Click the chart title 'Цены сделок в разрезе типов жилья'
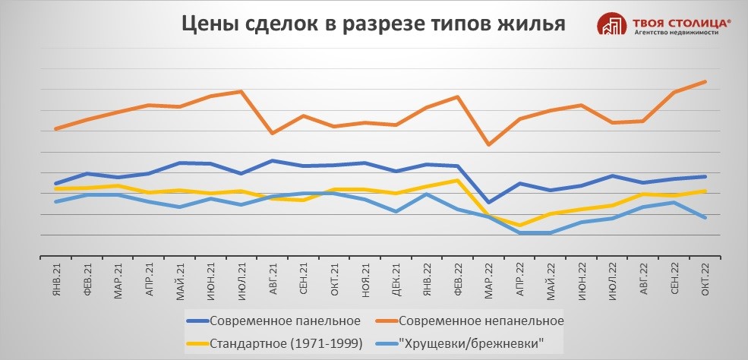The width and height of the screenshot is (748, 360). (x=373, y=24)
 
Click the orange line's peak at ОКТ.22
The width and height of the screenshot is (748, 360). (x=705, y=81)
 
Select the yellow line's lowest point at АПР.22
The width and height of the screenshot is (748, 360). (x=519, y=226)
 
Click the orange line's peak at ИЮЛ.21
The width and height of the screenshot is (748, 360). (x=241, y=91)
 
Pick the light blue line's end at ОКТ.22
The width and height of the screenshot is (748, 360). (x=705, y=218)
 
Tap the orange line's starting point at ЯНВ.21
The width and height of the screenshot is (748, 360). (x=55, y=129)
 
